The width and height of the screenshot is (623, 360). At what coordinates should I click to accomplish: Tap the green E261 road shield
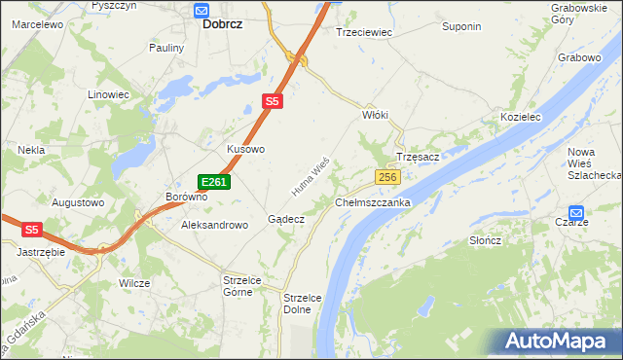point(214,182)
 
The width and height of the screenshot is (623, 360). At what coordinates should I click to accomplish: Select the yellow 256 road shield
point(388,176)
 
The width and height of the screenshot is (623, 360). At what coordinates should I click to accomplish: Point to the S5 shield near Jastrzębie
point(33,230)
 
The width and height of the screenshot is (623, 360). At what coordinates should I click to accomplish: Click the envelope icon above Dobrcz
point(202,11)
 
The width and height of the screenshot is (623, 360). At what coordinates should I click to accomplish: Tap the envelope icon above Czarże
point(576,212)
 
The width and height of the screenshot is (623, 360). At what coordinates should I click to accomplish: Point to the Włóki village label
point(375,115)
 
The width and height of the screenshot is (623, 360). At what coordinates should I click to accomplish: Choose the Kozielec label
point(520,116)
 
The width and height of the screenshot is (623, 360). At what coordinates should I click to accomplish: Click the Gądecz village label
point(286,220)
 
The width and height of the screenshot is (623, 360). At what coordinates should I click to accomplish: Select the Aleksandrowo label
point(215,225)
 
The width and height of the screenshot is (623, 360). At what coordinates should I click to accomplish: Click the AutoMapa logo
point(560,342)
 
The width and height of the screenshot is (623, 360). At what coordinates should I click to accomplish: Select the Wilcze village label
point(134,283)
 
